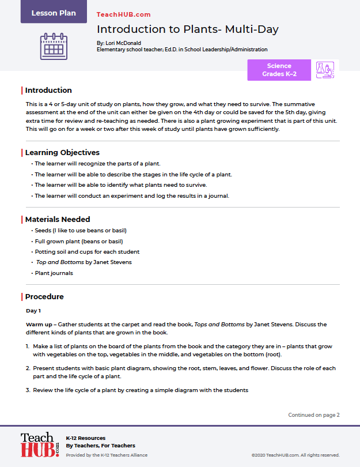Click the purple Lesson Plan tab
[x=54, y=13]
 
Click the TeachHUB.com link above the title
[x=123, y=14]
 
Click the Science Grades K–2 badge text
[x=279, y=70]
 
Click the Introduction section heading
[x=48, y=90]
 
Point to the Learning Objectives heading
[x=62, y=153]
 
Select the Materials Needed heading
[x=58, y=220]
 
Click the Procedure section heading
[x=44, y=297]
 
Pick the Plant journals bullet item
[x=54, y=273]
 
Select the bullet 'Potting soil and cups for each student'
[x=87, y=252]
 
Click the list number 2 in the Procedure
[x=28, y=368]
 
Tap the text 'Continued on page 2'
[x=314, y=415]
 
